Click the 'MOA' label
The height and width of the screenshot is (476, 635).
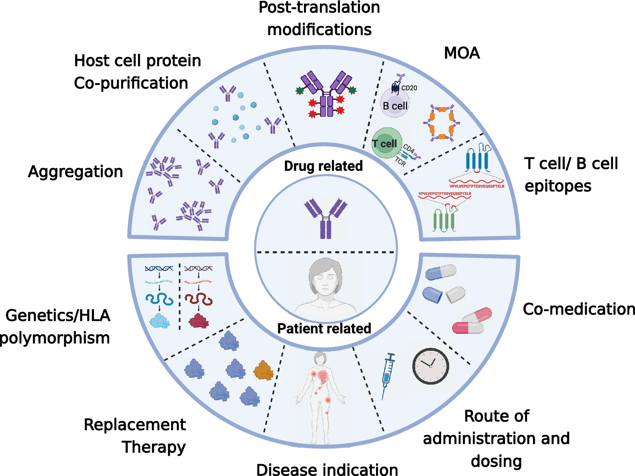(462, 53)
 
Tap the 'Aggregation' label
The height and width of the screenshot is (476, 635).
(75, 172)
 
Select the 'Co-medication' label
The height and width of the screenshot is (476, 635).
(579, 309)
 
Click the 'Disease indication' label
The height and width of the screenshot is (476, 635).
(327, 470)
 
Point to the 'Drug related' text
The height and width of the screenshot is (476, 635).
(323, 166)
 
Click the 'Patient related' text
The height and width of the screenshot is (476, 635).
(324, 328)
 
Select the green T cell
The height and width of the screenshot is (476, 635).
(386, 143)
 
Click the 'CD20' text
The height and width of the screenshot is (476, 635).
(409, 88)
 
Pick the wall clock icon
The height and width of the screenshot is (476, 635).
(431, 366)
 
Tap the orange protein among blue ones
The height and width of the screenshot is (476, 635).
(263, 371)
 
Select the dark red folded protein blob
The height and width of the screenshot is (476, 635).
(199, 321)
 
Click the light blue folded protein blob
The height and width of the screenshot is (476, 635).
(160, 321)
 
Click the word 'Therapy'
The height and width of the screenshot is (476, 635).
(154, 447)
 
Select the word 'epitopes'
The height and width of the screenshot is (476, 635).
(558, 186)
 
